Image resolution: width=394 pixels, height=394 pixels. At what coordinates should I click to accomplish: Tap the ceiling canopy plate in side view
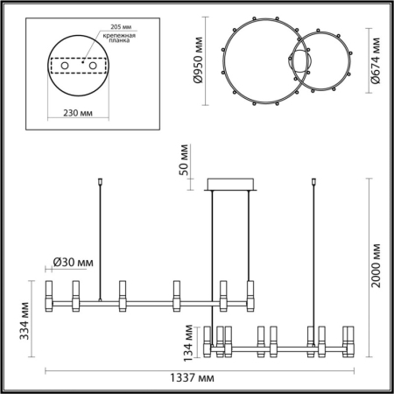[x=231, y=185]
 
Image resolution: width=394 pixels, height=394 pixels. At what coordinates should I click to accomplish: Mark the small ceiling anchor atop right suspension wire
[x=313, y=183]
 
